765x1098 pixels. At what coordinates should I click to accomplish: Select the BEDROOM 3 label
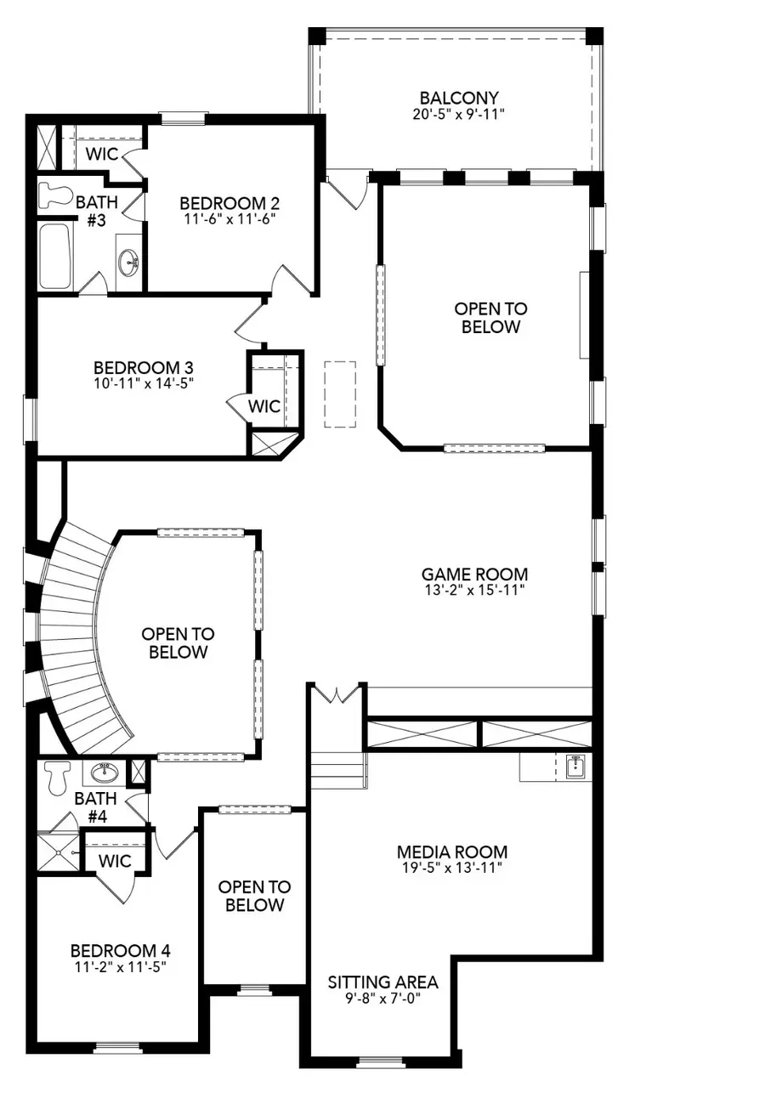(x=143, y=368)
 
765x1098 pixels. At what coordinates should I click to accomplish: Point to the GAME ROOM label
(x=475, y=574)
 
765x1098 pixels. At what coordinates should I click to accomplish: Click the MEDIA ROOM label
(x=451, y=852)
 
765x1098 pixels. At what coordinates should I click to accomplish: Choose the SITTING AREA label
(x=382, y=982)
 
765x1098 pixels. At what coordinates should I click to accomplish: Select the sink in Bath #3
(x=129, y=259)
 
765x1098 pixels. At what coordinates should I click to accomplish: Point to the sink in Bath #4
(x=105, y=773)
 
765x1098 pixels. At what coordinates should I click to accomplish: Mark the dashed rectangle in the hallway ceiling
(x=340, y=393)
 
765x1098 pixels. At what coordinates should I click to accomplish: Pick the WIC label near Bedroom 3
(x=263, y=407)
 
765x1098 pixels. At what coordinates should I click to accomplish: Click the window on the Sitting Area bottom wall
(x=381, y=1061)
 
